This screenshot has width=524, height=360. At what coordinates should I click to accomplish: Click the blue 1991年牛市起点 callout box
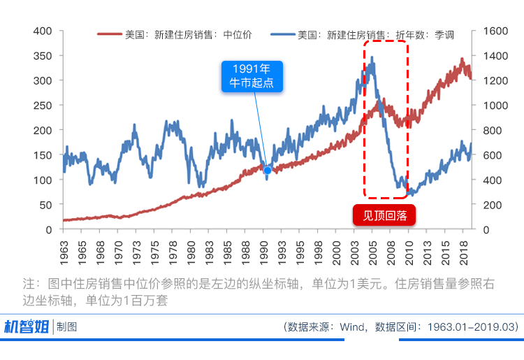[x=252, y=76]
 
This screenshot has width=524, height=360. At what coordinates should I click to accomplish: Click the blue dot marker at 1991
[x=267, y=170]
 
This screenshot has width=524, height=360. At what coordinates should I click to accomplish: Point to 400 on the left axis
[x=43, y=31]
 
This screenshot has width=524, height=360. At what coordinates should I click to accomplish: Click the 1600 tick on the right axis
[x=488, y=31]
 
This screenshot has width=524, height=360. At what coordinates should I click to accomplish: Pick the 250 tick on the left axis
[x=43, y=106]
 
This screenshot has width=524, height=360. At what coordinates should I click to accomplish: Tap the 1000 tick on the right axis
[x=488, y=106]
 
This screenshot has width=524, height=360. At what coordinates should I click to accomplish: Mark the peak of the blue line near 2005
[x=372, y=58]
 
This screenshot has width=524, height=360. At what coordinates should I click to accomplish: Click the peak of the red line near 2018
[x=462, y=60]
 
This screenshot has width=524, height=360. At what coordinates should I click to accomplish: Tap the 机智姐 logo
[x=27, y=326]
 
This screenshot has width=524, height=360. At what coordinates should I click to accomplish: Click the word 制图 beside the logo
[x=68, y=326]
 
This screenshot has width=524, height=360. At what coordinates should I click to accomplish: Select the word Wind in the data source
[x=353, y=326]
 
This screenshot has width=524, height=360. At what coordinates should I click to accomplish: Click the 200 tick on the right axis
[x=485, y=205]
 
